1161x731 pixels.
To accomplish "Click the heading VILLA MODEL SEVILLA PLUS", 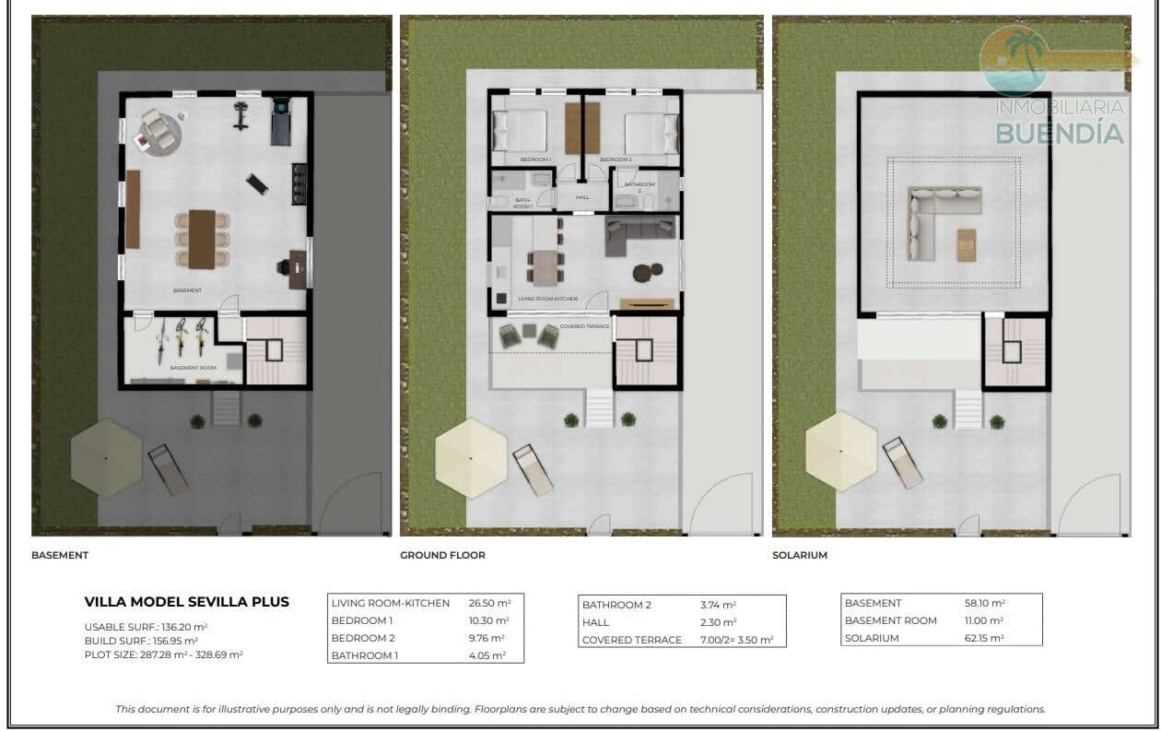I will click(x=186, y=602).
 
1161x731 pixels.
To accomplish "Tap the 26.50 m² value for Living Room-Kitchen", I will click(x=488, y=603).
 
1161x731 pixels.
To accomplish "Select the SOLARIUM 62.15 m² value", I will click(x=984, y=638).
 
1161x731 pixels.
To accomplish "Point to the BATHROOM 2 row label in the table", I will click(x=616, y=605).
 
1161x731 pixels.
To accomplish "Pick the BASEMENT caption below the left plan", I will click(x=60, y=555).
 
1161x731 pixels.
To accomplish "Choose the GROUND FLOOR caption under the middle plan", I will click(x=442, y=555).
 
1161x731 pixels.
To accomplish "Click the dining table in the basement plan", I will click(x=202, y=239).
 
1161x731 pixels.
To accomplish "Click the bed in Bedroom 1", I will click(x=521, y=131).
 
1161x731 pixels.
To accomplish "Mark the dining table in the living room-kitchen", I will click(x=545, y=268).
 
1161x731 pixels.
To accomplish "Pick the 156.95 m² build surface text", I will click(x=174, y=641).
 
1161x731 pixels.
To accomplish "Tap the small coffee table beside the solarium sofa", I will click(x=966, y=244).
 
